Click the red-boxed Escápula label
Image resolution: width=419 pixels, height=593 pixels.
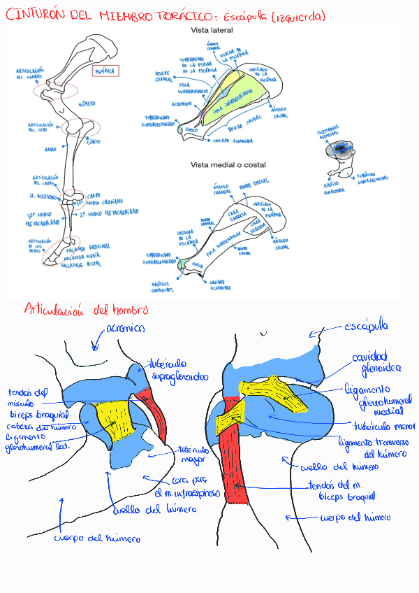tap(105, 71)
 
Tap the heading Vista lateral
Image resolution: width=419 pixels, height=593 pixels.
tap(212, 31)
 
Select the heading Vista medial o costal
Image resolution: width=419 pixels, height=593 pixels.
tap(223, 165)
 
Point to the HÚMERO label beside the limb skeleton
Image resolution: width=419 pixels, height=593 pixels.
tap(87, 103)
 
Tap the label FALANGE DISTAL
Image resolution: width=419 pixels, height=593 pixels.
tap(80, 265)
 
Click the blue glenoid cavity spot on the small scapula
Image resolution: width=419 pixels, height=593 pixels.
tap(342, 148)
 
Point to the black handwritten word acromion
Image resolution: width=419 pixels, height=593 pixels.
tap(126, 327)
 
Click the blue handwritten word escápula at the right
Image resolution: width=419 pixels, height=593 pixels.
tap(367, 327)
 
